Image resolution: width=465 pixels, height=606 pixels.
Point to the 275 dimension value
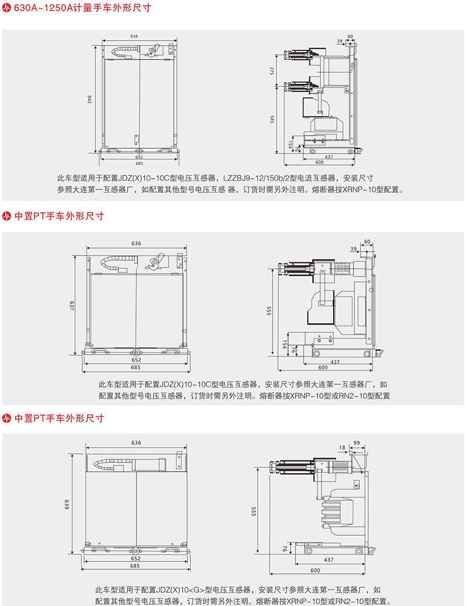[272, 71]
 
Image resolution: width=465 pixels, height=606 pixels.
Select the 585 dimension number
[272, 120]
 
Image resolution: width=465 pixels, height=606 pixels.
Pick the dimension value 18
[342, 448]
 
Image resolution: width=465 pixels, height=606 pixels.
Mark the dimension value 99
[356, 442]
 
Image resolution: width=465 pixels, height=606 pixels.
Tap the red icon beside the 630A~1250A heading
[7, 8]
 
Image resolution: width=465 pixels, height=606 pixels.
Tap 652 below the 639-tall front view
[135, 558]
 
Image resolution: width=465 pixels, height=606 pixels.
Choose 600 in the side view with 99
[315, 570]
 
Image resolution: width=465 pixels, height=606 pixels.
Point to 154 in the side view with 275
[291, 145]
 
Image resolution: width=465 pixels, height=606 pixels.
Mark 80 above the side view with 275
[350, 37]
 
